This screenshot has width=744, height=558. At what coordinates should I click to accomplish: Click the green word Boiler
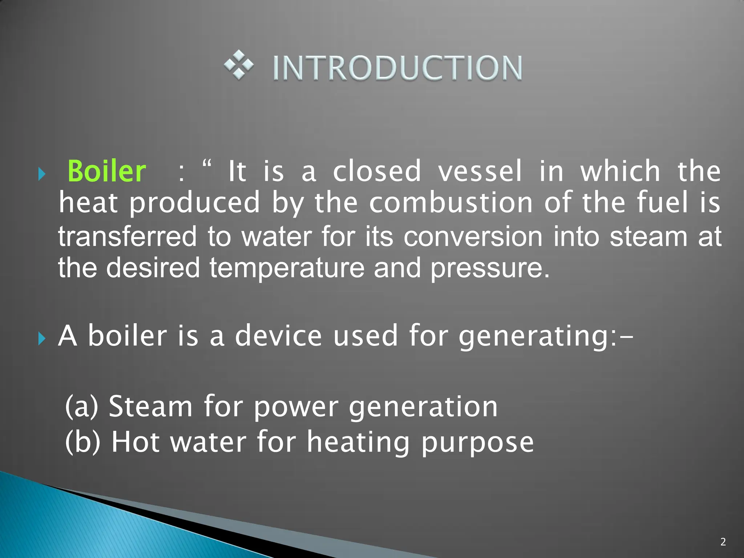(x=107, y=171)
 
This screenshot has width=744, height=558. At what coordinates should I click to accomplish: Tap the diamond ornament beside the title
(x=239, y=65)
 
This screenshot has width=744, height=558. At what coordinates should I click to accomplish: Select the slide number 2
(x=723, y=542)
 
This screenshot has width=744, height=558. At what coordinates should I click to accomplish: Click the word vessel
(x=480, y=171)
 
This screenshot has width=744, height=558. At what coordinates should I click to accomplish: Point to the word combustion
(x=451, y=203)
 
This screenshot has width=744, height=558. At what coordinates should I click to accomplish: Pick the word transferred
(x=127, y=236)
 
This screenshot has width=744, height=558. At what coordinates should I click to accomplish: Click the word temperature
(x=287, y=268)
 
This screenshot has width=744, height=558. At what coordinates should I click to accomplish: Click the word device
(x=278, y=336)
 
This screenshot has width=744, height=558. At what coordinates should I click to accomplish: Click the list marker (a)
(x=81, y=406)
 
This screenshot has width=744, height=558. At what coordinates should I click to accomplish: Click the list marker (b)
(x=82, y=441)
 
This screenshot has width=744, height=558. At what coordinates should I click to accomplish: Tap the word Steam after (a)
(x=150, y=406)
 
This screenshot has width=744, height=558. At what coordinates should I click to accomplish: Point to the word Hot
(x=135, y=441)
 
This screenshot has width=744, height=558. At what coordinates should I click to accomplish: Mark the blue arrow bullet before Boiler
(x=42, y=175)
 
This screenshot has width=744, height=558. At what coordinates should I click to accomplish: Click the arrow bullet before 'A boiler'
(x=42, y=339)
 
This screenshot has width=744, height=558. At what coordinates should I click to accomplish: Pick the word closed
(x=377, y=171)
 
